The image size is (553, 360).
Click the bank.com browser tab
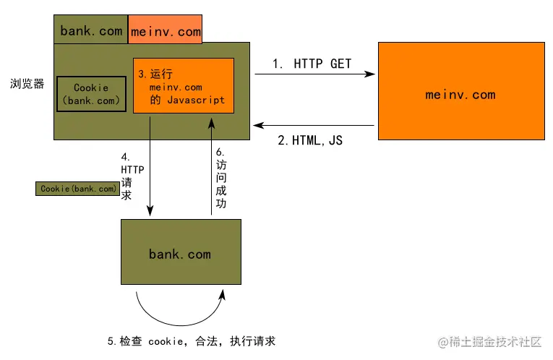point(91,30)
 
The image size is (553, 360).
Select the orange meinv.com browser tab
point(165,30)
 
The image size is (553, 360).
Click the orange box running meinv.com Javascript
point(184,85)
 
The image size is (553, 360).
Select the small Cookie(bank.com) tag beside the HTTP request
point(78,189)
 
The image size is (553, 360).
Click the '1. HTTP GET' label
point(312,64)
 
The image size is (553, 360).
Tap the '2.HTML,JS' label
point(310,140)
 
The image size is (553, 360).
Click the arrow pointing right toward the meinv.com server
point(315,74)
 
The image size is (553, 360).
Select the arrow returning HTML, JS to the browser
point(315,126)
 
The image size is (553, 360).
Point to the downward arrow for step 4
point(150,166)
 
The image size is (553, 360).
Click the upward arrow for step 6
point(211,166)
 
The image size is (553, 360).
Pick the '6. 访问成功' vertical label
point(221,177)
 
